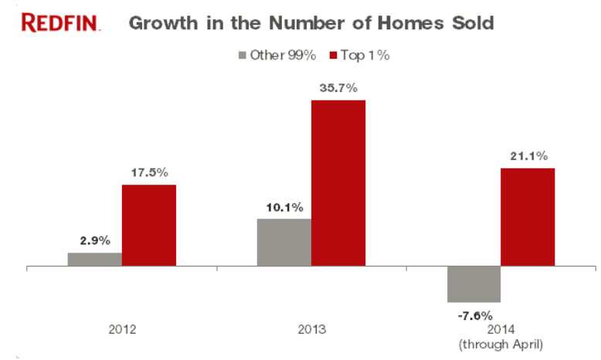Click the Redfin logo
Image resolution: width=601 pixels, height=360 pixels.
(60, 22)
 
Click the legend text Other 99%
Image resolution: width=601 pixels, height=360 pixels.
(283, 56)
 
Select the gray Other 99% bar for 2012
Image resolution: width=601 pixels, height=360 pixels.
(94, 260)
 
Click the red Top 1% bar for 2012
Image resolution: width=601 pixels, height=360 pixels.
(148, 226)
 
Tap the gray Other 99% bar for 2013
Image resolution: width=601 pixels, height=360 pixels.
(284, 243)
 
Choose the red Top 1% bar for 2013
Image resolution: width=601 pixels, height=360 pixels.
(338, 183)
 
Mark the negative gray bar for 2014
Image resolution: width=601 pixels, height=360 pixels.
(474, 284)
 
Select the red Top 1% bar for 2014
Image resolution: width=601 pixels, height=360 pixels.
(528, 217)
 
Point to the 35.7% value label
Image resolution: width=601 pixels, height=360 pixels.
(338, 89)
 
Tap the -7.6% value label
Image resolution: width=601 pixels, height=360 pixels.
(474, 314)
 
